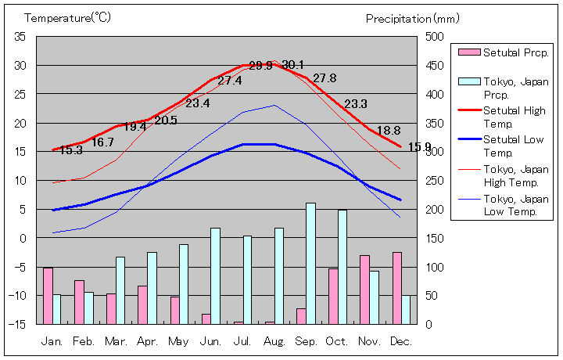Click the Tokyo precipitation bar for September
(310, 263)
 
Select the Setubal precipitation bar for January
(48, 295)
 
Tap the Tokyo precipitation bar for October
(342, 266)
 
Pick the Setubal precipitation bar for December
(397, 287)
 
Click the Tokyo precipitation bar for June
(215, 275)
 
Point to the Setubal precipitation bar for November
(364, 289)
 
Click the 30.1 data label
(292, 65)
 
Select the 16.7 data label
(102, 142)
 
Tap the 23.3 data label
(356, 104)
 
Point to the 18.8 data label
(388, 131)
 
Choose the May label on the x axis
(179, 341)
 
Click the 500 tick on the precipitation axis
(435, 37)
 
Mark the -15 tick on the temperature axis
(18, 324)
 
